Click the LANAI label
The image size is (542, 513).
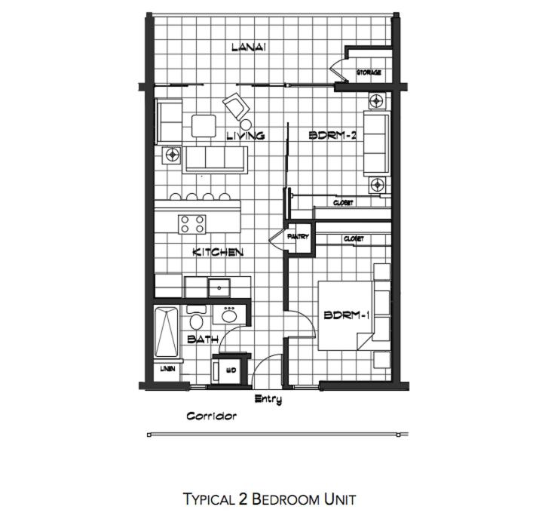click(x=249, y=47)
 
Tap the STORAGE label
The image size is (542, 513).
click(x=369, y=72)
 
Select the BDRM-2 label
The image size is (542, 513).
click(x=332, y=135)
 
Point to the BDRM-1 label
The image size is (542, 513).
click(x=347, y=315)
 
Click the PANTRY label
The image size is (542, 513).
click(x=298, y=237)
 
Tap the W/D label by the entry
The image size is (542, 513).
click(x=231, y=370)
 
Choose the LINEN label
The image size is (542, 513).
click(x=167, y=369)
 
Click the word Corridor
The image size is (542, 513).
click(x=212, y=416)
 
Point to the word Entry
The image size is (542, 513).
click(x=268, y=400)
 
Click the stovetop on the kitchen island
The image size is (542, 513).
click(x=192, y=224)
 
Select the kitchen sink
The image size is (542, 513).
click(x=219, y=287)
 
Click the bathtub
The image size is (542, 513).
click(x=167, y=332)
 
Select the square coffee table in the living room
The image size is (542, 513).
click(x=204, y=126)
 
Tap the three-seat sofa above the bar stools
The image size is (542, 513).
click(x=216, y=159)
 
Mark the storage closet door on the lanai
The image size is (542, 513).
click(x=338, y=71)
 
